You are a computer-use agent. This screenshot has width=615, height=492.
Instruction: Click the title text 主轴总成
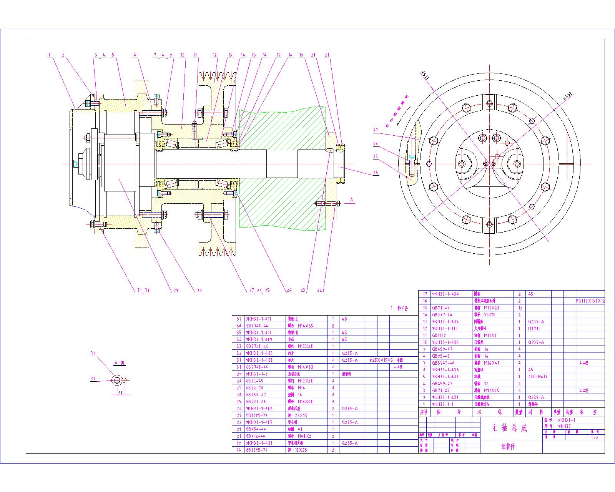pos(509,428)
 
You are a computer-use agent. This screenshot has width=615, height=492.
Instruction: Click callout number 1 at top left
pos(49,55)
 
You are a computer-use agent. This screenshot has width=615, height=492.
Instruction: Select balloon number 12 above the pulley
pos(214,55)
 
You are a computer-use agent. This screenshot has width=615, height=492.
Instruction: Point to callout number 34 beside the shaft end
pos(376,173)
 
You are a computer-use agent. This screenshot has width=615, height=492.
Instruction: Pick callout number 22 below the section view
pos(320,291)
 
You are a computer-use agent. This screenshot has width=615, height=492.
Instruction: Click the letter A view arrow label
pos(351,200)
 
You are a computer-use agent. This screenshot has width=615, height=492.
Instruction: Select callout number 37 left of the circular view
pos(376,130)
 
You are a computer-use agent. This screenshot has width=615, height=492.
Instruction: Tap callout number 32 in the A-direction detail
pos(93,354)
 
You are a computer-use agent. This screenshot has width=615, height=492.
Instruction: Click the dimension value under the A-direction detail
pos(120,393)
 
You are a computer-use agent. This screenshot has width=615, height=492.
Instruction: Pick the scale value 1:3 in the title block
pos(595,437)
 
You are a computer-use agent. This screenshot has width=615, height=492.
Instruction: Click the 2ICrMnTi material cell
pos(538,377)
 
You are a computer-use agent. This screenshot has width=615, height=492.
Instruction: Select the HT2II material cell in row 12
pos(535,328)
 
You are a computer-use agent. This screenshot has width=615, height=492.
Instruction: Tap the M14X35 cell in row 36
pos(306,326)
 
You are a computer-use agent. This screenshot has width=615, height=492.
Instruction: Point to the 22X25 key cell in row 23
pos(303,416)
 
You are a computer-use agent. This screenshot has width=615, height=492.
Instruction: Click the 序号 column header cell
pos(423,412)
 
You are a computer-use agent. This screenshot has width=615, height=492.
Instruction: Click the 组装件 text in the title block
pos(508,447)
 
